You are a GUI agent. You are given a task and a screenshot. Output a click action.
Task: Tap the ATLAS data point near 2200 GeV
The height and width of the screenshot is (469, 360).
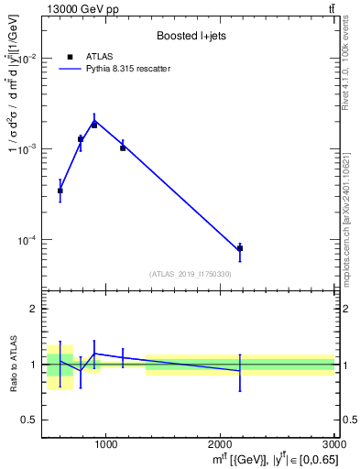[x=240, y=248]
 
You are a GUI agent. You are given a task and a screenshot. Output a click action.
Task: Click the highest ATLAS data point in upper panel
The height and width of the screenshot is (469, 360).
[x=94, y=125]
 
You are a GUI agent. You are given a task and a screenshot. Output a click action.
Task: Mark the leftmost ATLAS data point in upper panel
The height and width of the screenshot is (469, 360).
[x=60, y=191]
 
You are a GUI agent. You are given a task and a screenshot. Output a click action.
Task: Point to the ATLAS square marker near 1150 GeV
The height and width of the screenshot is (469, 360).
[x=123, y=147]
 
